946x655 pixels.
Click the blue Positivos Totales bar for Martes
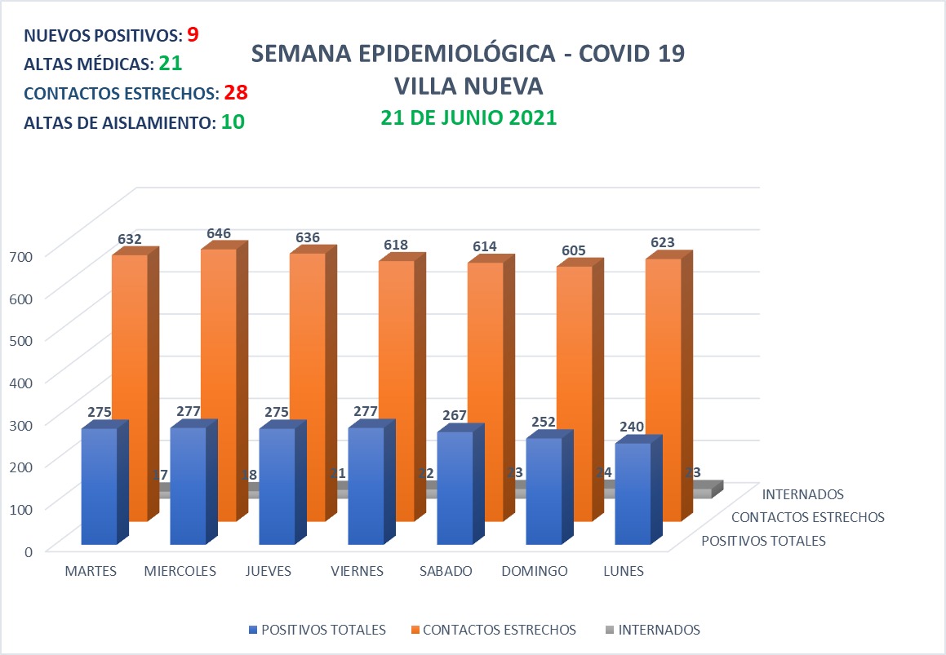[100, 485]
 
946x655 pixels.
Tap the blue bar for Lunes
[633, 493]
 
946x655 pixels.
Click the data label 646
[218, 233]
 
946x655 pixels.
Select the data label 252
[544, 422]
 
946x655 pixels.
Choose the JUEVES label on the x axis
[269, 571]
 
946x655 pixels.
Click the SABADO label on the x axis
[446, 571]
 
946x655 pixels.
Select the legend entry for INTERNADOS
[659, 630]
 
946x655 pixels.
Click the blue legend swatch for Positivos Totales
[251, 630]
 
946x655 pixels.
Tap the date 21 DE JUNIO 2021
[469, 117]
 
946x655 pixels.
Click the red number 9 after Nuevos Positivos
[193, 34]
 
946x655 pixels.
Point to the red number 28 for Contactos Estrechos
[236, 92]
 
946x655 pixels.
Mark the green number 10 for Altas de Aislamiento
[233, 122]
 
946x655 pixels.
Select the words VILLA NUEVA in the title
[469, 86]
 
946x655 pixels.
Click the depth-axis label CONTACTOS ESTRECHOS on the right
[808, 517]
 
